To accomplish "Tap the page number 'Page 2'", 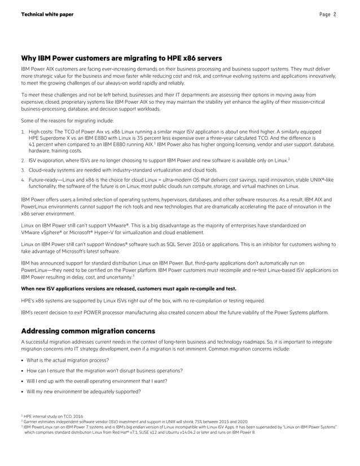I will tap(327, 14).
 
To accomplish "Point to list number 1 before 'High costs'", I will tap(23, 131).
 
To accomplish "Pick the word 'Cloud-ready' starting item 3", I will tap(42, 170).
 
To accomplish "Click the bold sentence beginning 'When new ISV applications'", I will tap(128, 287).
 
